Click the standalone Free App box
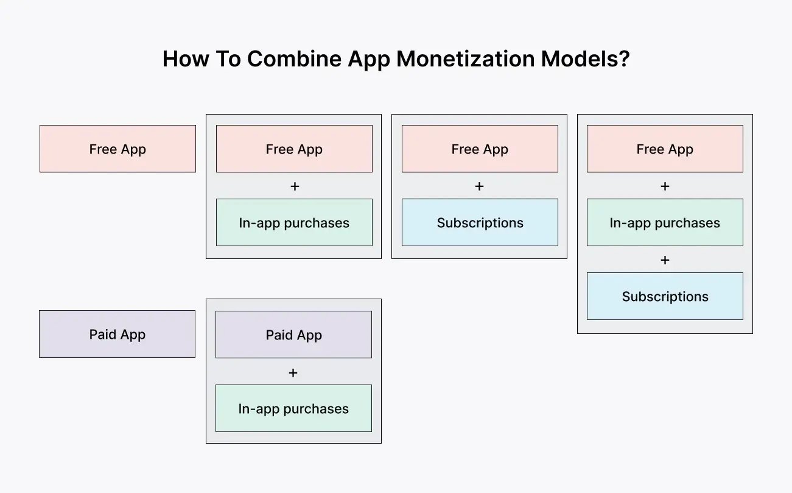click(x=117, y=149)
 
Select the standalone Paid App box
click(x=117, y=334)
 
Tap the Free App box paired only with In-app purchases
click(x=294, y=149)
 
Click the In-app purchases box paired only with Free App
click(x=294, y=222)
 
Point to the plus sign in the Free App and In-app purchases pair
click(x=295, y=186)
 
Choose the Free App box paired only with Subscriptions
click(x=480, y=149)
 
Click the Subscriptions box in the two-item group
click(x=480, y=222)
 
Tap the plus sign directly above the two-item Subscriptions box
click(x=479, y=186)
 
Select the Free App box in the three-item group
click(x=665, y=149)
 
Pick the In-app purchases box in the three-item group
click(x=665, y=222)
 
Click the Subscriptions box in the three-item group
click(x=665, y=296)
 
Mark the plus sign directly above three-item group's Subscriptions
click(x=665, y=260)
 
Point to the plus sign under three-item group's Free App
click(x=665, y=186)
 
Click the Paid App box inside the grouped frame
click(x=293, y=335)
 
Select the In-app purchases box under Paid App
click(x=293, y=408)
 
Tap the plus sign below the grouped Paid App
click(x=293, y=372)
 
